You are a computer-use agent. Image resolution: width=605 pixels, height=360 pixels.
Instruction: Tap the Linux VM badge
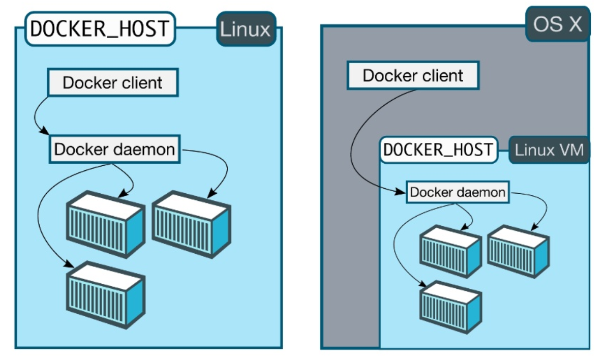coord(549,150)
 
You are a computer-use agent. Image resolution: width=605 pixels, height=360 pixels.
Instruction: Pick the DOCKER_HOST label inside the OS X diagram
coord(438,149)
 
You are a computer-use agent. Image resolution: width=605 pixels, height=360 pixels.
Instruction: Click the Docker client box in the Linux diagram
coord(112,83)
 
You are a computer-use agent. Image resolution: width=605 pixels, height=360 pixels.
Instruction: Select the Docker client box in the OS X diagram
coord(412,76)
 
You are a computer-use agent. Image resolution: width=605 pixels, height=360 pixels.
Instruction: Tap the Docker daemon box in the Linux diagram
coord(114,149)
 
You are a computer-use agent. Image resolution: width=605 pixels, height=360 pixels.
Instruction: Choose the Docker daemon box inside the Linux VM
coord(458,193)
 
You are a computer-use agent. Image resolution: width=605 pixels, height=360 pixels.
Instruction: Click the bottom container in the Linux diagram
coord(105,293)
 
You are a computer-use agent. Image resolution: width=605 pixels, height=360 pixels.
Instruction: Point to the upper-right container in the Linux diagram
coord(191,224)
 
